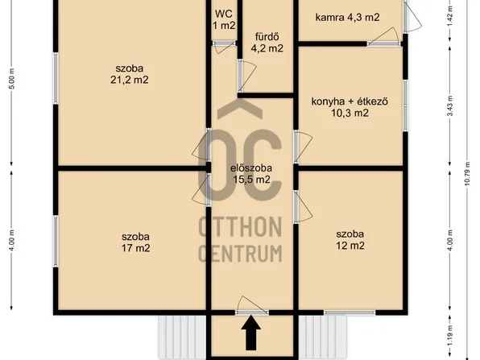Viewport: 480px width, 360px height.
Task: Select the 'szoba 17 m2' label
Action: [134, 242]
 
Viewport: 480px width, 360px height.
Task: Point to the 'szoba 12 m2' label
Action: [350, 239]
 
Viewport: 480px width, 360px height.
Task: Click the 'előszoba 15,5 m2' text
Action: [250, 173]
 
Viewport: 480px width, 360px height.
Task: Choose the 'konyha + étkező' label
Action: [350, 107]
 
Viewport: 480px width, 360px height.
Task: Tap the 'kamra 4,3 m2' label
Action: [347, 17]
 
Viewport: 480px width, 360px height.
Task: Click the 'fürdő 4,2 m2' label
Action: [267, 42]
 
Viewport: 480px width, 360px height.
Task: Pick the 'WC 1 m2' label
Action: [224, 19]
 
